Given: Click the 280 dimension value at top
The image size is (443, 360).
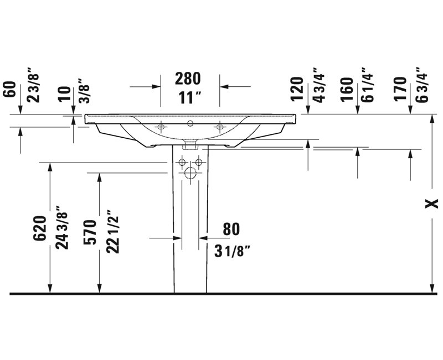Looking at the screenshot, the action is point(188,79).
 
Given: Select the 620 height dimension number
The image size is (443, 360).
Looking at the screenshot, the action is point(40,228).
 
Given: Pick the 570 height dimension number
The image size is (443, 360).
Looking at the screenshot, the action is point(91,232).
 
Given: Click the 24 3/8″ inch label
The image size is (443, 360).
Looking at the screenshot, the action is point(62,228).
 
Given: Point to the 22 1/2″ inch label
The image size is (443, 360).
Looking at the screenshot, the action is point(112,231).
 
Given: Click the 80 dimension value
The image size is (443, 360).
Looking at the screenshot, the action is point(231,229).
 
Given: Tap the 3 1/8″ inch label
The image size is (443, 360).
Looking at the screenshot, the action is point(232,251).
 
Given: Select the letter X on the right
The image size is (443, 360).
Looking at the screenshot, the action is point(432,203).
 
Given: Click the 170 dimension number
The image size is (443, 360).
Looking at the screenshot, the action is point(400,89).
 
